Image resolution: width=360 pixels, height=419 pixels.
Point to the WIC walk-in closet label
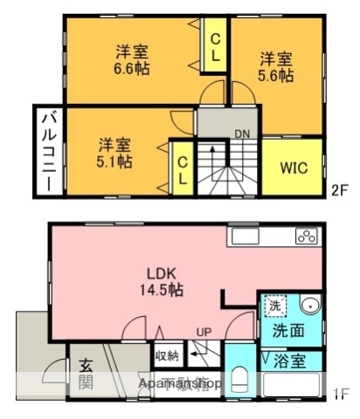(x=293, y=168)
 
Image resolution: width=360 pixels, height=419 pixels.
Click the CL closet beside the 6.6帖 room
(x=214, y=46)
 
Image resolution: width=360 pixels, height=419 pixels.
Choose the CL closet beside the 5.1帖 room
(x=182, y=168)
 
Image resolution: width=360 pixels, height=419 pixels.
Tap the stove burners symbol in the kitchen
(x=306, y=235)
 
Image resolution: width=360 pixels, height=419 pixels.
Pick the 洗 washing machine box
(x=273, y=307)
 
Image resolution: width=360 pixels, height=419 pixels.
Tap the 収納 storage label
(x=166, y=355)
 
